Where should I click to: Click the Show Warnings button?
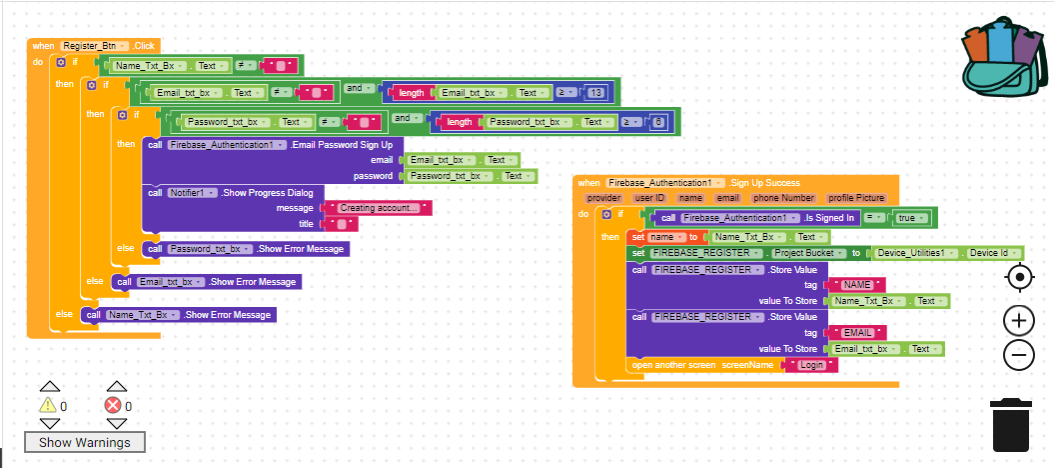[x=84, y=442]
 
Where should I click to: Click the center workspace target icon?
[x=1018, y=277]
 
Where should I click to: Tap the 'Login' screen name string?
[x=812, y=366]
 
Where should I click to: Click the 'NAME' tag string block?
[x=857, y=285]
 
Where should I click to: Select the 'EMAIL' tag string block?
[x=858, y=333]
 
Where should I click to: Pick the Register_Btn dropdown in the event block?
[x=94, y=46]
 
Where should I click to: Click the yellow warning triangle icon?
[x=47, y=405]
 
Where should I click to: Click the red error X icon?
[x=113, y=405]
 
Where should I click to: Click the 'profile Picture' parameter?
[x=856, y=199]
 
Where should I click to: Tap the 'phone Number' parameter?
[x=783, y=199]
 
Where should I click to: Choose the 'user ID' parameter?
[x=651, y=199]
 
